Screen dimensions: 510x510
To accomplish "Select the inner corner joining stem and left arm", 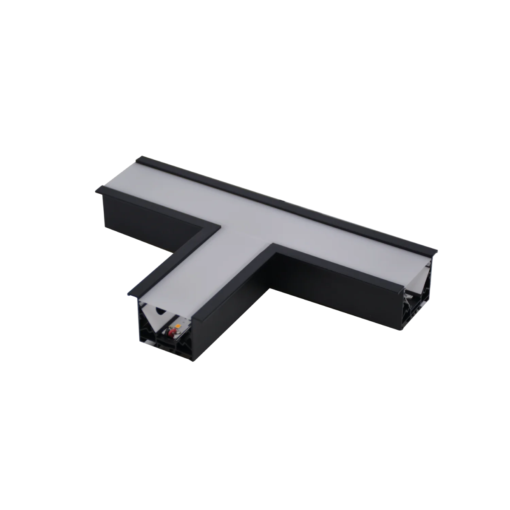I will click(x=220, y=222).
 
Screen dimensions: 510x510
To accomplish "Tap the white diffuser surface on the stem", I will click(x=204, y=272).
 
